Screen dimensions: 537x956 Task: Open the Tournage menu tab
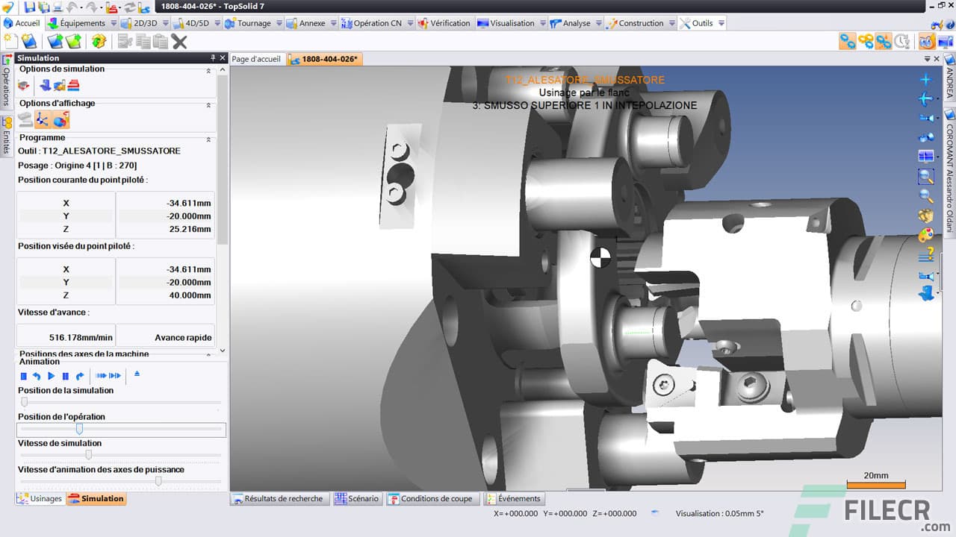click(x=253, y=23)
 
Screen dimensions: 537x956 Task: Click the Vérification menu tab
click(x=450, y=23)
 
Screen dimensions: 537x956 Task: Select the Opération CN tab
click(x=376, y=23)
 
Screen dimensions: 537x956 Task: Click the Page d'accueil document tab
click(x=256, y=59)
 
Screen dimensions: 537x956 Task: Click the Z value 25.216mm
click(x=189, y=229)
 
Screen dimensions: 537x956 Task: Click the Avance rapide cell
click(x=183, y=337)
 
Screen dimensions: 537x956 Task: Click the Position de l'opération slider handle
click(x=79, y=429)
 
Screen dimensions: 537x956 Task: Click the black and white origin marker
click(x=600, y=258)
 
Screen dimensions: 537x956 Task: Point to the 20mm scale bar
click(x=875, y=484)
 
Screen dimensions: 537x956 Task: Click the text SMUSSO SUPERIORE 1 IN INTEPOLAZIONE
click(x=584, y=105)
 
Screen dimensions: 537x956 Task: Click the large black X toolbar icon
click(x=179, y=42)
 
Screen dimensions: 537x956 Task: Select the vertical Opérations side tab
click(x=7, y=86)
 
